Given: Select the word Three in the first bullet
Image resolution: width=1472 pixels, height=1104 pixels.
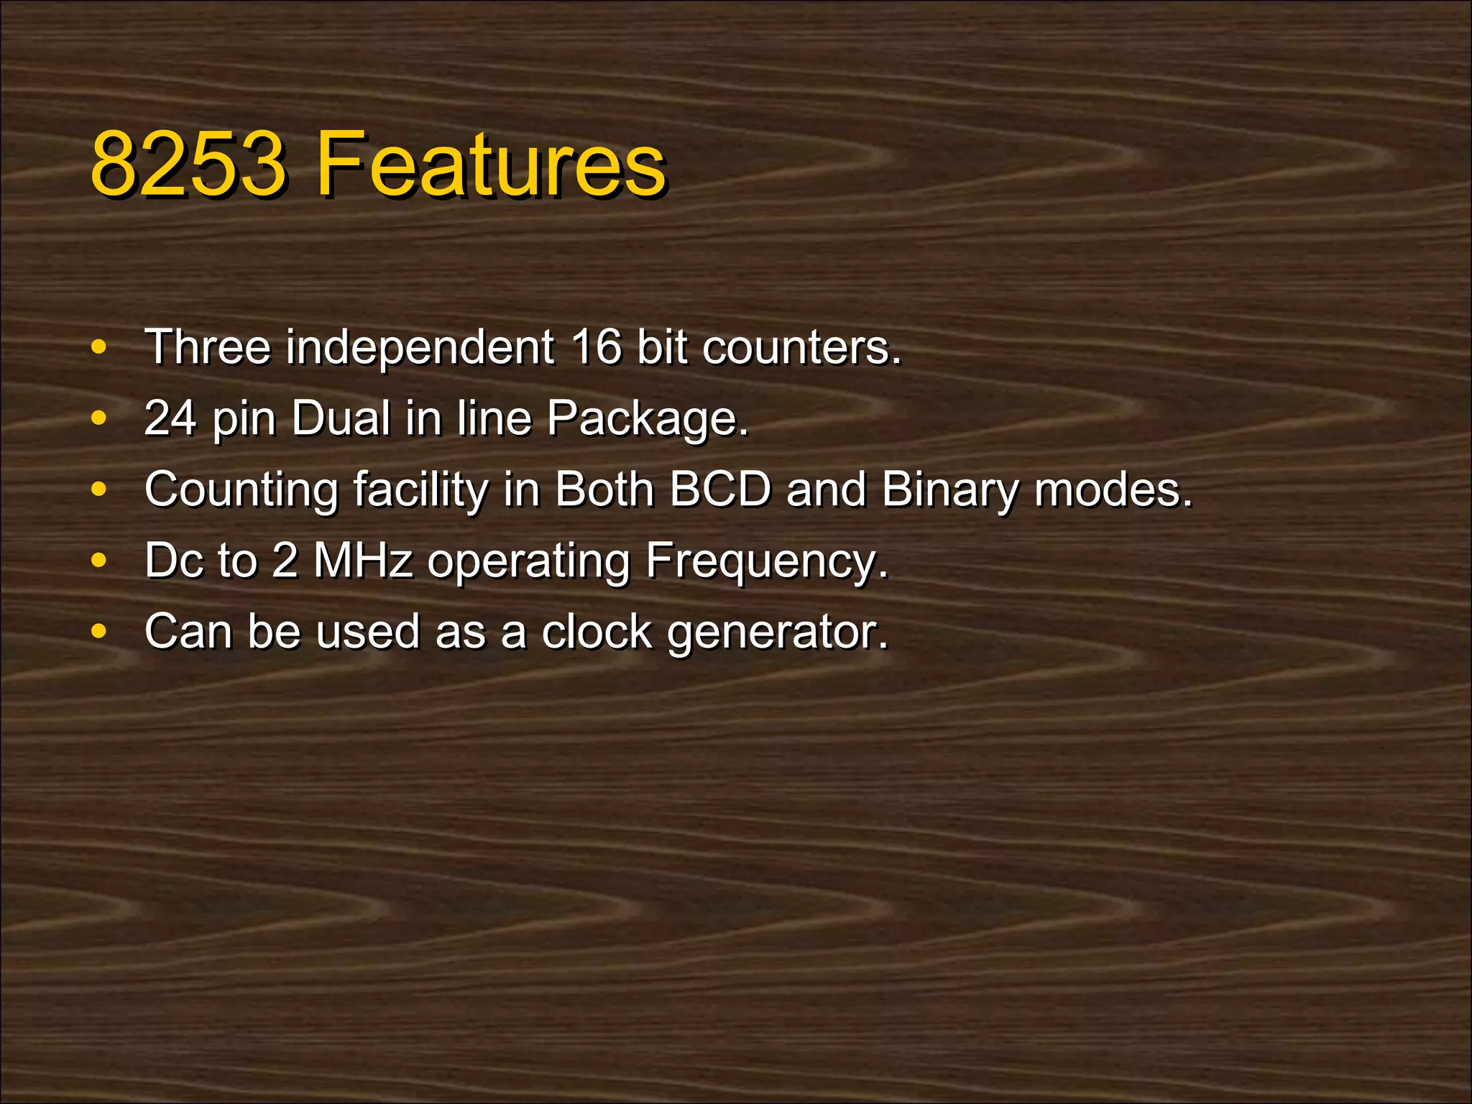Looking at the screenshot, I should pos(208,346).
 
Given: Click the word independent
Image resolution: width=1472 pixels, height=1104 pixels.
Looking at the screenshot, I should pos(420,346).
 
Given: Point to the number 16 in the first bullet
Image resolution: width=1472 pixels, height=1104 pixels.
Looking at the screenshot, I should pos(597,346).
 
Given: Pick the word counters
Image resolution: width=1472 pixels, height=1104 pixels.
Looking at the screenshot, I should pos(801,346).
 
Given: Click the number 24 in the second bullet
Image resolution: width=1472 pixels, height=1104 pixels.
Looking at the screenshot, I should pos(170,418).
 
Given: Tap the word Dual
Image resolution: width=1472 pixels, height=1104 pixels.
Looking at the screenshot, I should pos(341,418).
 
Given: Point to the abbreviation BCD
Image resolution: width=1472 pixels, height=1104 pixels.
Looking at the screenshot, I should pos(720,489).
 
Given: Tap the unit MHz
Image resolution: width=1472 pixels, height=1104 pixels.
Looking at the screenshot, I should pos(363,560).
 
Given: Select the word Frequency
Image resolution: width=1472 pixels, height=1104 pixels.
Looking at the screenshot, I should pos(766,561).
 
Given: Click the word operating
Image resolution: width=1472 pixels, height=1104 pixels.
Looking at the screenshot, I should pos(528,561).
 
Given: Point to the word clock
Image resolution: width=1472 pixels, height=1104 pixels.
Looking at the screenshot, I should pos(597,631).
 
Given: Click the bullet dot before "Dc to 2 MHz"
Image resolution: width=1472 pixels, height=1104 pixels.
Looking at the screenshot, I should pos(99,560).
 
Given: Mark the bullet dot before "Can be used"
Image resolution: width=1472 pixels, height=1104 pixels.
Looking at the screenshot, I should pos(99,631).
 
